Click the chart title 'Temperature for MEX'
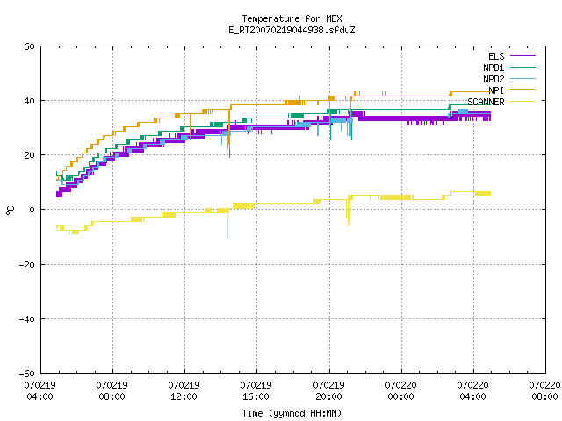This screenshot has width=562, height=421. tap(292, 18)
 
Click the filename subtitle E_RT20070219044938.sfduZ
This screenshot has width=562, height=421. tap(292, 30)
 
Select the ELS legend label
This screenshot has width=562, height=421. tap(496, 56)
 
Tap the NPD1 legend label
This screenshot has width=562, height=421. tap(494, 68)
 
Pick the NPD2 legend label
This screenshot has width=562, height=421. tap(494, 79)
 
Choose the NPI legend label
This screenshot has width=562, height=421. tap(496, 90)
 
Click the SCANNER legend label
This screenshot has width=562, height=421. tap(486, 102)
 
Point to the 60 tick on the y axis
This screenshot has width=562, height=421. tap(29, 46)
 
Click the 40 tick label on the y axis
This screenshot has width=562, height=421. tap(29, 101)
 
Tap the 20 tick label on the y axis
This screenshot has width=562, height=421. tap(29, 155)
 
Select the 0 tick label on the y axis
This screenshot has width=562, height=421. tap(32, 210)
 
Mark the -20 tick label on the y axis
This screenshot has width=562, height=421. tap(27, 265)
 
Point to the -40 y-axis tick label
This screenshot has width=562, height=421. tap(27, 319)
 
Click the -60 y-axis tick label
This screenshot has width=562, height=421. tap(27, 374)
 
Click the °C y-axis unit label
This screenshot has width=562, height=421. tap(10, 210)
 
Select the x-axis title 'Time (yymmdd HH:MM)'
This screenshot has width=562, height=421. tap(292, 413)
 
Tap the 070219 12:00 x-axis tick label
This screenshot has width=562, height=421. tap(184, 391)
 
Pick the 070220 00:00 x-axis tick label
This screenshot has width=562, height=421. tap(400, 391)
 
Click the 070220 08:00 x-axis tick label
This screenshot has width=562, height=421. tap(544, 391)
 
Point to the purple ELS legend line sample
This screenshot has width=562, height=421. tap(523, 56)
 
